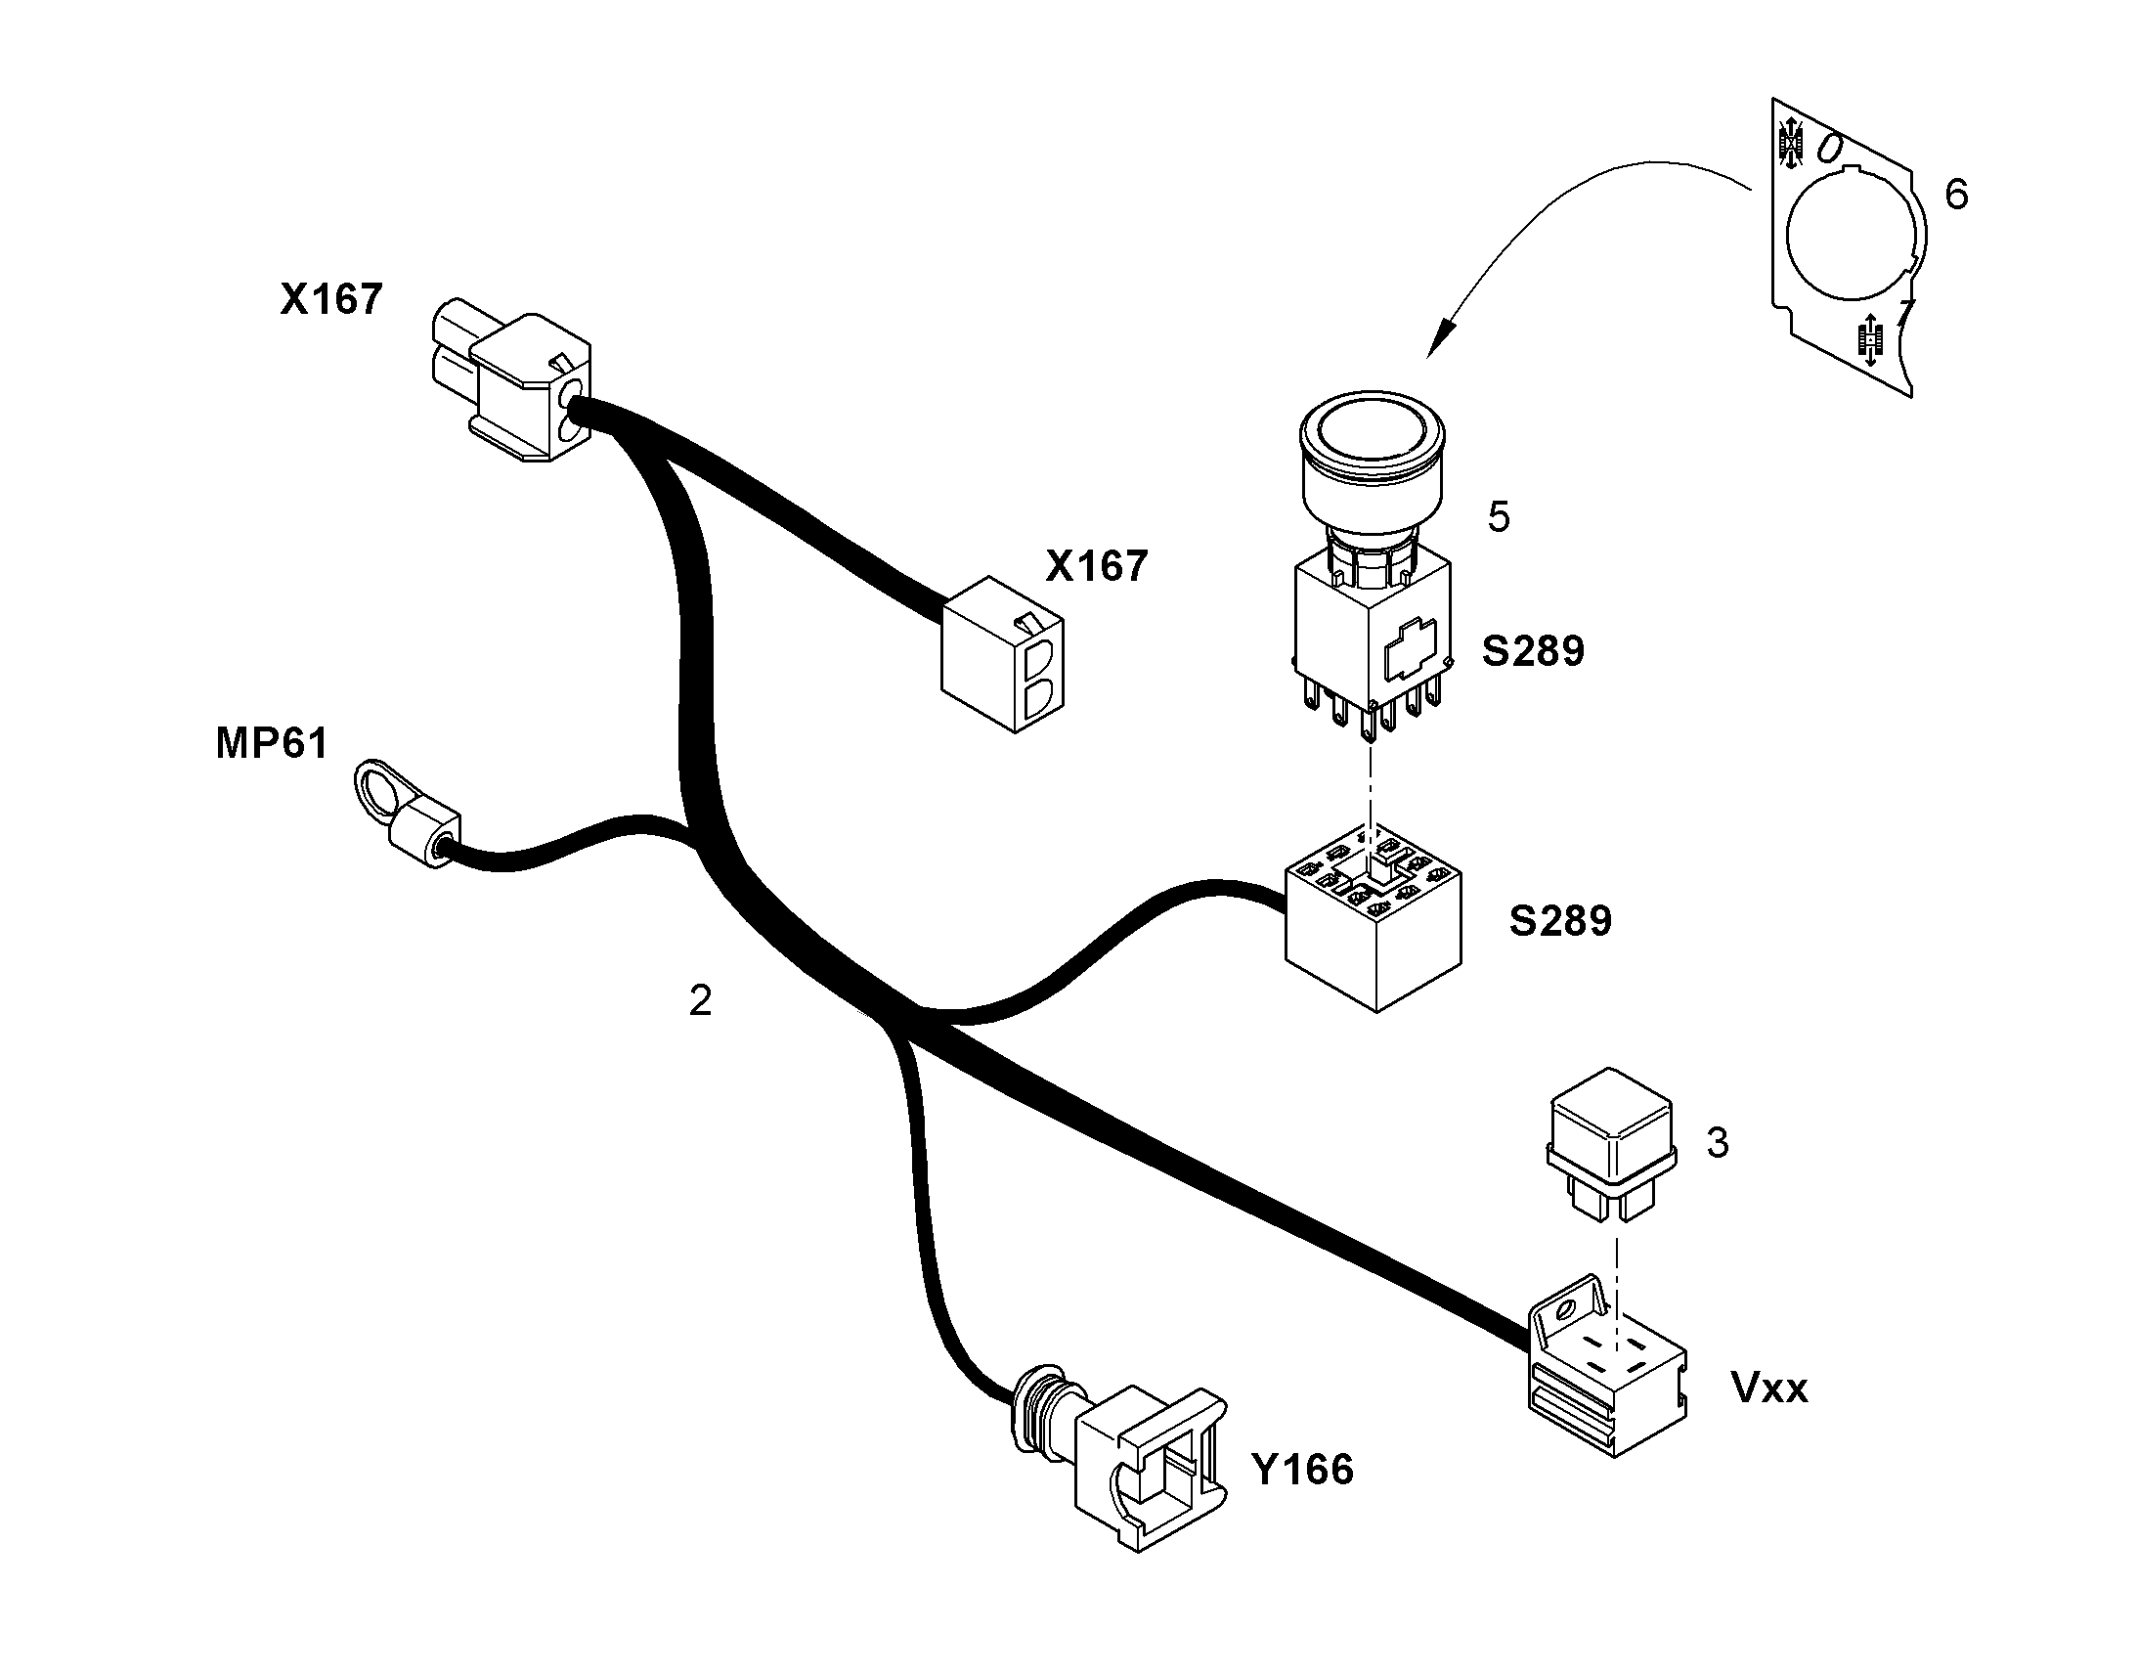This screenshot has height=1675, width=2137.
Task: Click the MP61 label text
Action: [x=272, y=743]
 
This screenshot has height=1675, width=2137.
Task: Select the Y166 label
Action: [x=1303, y=1469]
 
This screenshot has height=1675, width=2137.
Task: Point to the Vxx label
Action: [x=1769, y=1388]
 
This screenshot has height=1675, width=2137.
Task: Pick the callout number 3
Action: [x=1718, y=1142]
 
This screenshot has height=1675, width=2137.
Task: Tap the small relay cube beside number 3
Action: [x=1611, y=1143]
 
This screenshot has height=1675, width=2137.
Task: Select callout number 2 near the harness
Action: [x=700, y=1000]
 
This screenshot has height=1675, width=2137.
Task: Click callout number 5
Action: [x=1499, y=517]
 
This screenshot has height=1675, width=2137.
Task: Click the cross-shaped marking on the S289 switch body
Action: [x=1410, y=648]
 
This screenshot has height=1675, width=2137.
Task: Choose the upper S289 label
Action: [x=1532, y=651]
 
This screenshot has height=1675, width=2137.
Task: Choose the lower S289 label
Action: [x=1559, y=921]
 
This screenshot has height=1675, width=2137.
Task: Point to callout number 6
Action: [x=1956, y=195]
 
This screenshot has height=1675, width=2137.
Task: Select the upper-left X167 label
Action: [x=330, y=299]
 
